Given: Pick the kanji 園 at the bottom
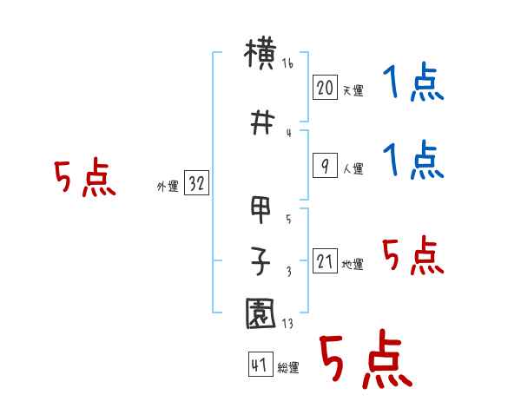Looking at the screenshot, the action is click(x=261, y=313).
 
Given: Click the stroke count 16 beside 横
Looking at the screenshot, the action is click(x=288, y=64).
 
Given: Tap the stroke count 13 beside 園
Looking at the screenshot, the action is click(x=287, y=324).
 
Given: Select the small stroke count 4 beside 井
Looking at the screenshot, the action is click(x=288, y=133).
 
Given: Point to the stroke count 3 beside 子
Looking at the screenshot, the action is click(x=288, y=272).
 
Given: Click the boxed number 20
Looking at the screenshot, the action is click(x=325, y=88).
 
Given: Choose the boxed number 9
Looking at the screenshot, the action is click(x=325, y=167).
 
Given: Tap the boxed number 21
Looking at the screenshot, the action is click(x=325, y=261).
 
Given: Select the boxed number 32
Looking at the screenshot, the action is click(x=195, y=183).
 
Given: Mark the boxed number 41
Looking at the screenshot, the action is click(x=259, y=365).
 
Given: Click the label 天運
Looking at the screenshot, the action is click(x=353, y=90).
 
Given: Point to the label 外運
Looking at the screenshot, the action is click(x=167, y=186).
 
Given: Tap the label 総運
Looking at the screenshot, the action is click(x=287, y=368).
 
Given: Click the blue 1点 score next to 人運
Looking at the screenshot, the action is click(x=413, y=161).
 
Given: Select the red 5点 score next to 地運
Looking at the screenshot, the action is click(x=413, y=256).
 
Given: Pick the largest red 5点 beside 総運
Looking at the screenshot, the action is click(x=365, y=360).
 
